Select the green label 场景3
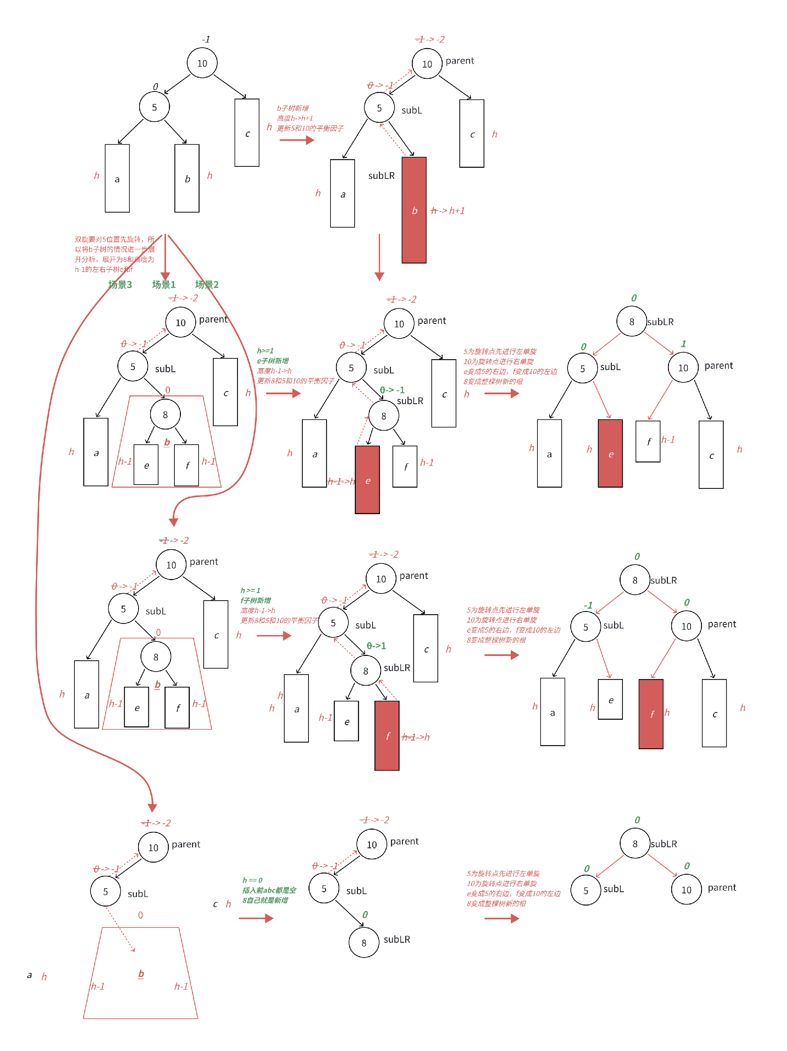click(x=120, y=285)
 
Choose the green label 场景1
click(x=163, y=285)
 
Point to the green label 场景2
click(x=207, y=285)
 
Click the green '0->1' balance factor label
click(x=376, y=646)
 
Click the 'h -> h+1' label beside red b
click(x=447, y=210)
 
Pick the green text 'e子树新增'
click(x=273, y=361)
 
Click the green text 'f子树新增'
click(x=255, y=601)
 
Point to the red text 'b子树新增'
click(x=293, y=108)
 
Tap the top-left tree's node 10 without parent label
click(x=202, y=63)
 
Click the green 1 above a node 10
click(x=683, y=343)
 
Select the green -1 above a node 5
click(x=588, y=605)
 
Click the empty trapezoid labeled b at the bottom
click(x=141, y=974)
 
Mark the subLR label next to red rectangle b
click(x=381, y=176)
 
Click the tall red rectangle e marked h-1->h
click(x=367, y=480)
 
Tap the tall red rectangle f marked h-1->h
click(x=387, y=735)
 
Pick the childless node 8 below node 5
click(x=363, y=943)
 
